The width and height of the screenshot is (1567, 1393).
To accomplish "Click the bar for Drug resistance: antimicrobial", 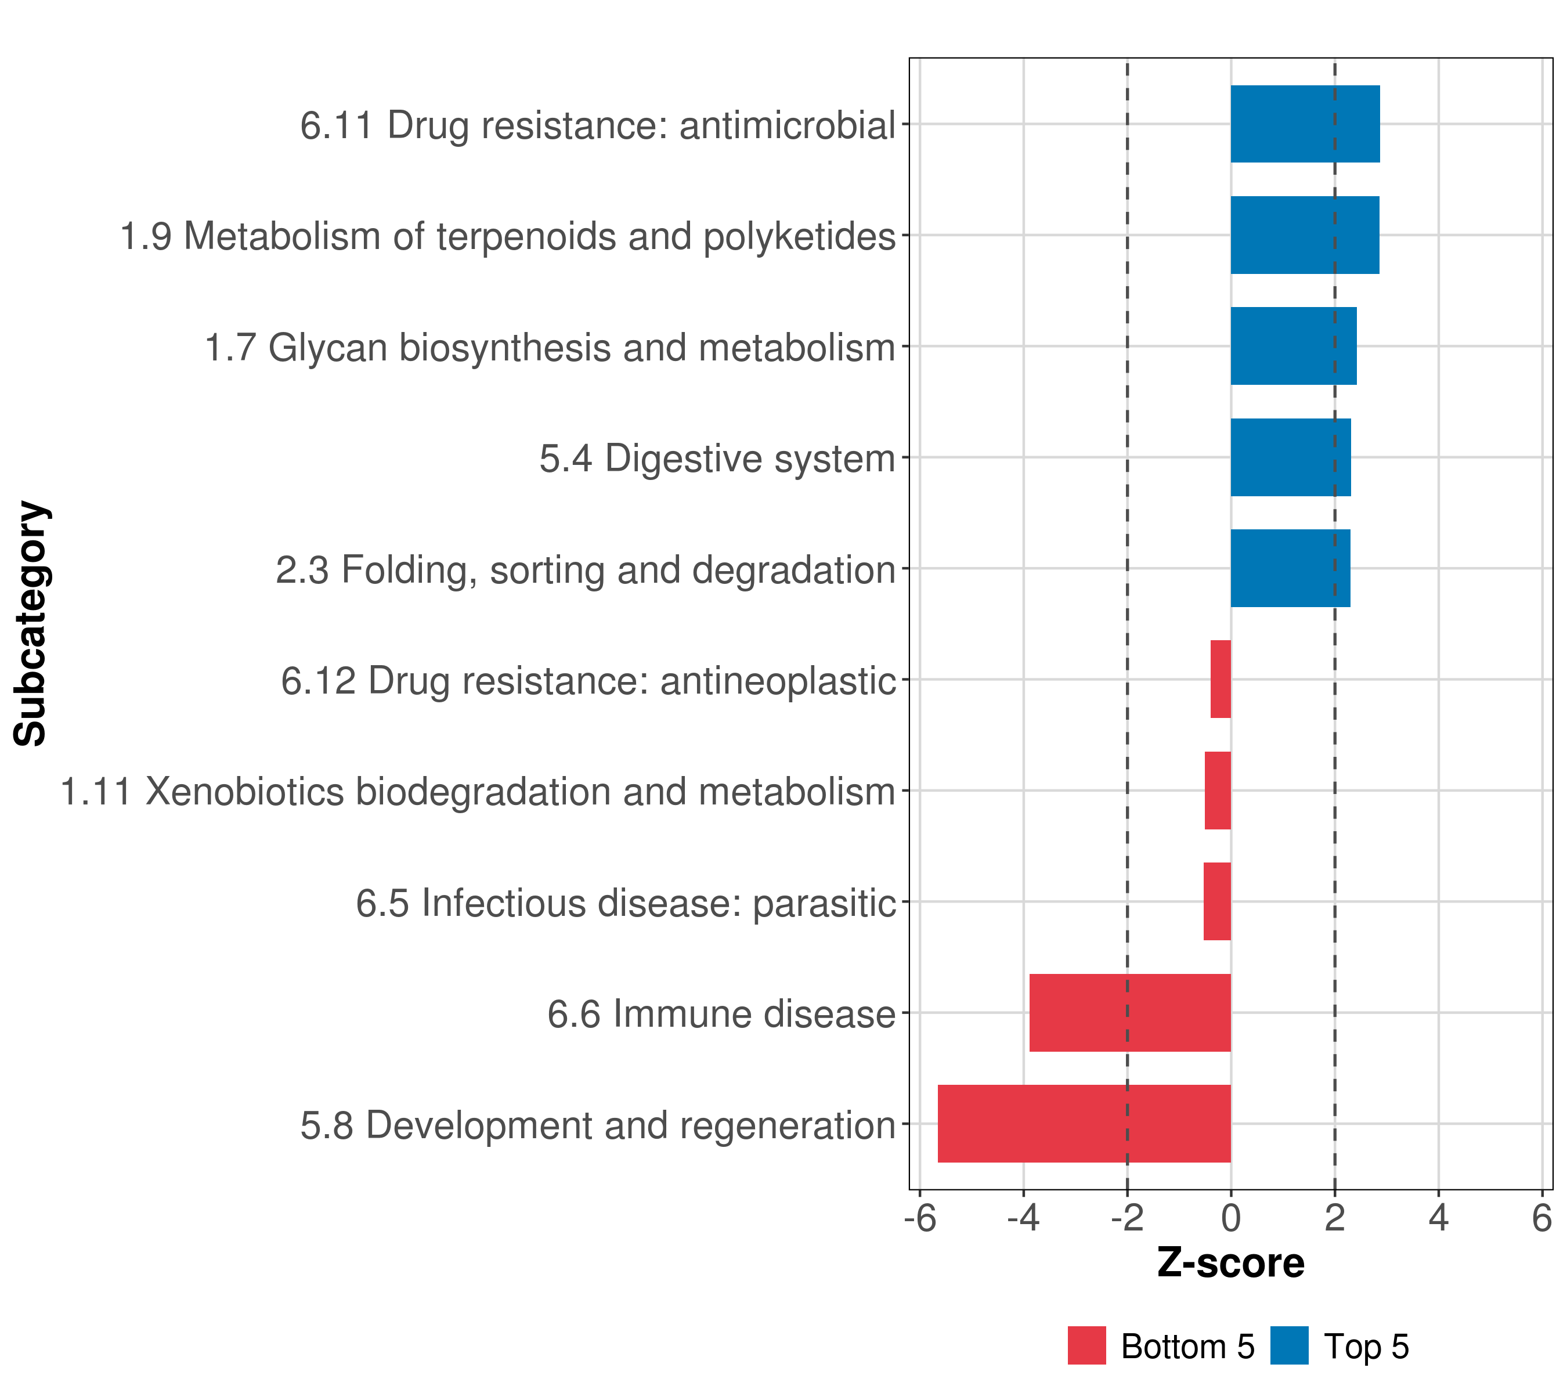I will click(1305, 124).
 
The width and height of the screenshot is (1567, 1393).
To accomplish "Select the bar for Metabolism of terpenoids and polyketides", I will click(1305, 236).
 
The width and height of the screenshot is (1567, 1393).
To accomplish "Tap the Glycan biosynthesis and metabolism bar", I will click(1293, 346).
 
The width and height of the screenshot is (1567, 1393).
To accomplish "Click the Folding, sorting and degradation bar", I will click(1290, 568).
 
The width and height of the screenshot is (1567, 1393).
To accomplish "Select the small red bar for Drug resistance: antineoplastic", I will click(1221, 679).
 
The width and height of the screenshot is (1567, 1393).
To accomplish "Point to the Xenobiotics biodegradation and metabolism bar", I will click(1218, 791).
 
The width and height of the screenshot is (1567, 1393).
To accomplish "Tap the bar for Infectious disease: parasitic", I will click(1216, 901).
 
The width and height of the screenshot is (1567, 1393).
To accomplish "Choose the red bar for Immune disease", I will click(1130, 1013).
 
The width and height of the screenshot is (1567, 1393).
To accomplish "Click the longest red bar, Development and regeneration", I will click(1084, 1124).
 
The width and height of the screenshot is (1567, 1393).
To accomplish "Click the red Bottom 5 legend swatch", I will click(1086, 1345).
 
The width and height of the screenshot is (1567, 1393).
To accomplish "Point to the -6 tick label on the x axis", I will click(920, 1218).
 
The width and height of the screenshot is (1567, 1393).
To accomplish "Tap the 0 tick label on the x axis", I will click(1230, 1218).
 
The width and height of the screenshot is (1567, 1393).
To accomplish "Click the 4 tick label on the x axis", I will click(1438, 1218).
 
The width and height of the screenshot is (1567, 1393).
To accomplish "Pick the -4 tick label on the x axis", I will click(1023, 1218).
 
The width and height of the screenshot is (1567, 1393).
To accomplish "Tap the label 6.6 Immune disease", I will click(721, 1014).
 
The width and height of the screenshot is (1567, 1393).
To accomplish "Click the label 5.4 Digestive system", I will click(717, 459).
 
